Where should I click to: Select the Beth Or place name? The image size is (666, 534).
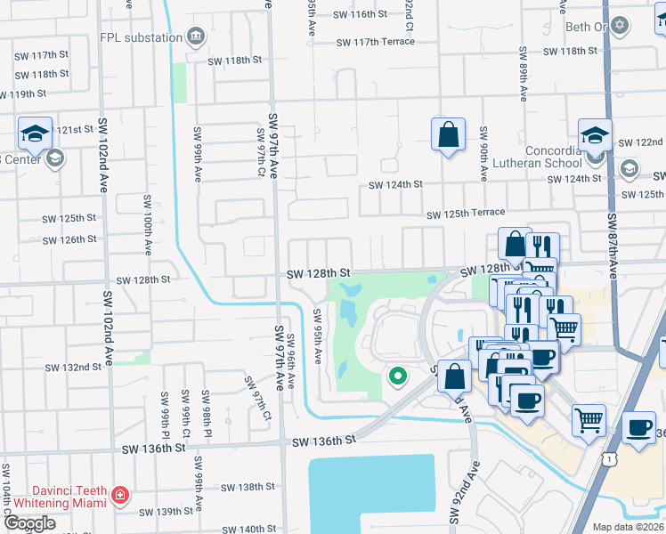(x=586, y=27)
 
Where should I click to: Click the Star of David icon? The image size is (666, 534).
(x=621, y=27)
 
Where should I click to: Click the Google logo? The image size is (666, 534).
(x=29, y=523)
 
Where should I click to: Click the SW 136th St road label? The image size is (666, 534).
(x=324, y=441)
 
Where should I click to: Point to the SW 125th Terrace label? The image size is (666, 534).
(x=465, y=214)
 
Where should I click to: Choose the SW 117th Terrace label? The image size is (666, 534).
(x=375, y=43)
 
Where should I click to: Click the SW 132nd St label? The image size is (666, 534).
(x=73, y=367)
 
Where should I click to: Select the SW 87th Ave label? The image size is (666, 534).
(x=613, y=246)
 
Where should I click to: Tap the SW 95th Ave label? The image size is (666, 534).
(x=316, y=336)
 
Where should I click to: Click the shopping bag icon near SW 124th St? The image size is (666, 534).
(x=449, y=135)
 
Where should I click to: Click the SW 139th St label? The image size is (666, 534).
(x=167, y=512)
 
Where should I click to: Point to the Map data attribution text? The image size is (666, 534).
(x=629, y=527)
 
